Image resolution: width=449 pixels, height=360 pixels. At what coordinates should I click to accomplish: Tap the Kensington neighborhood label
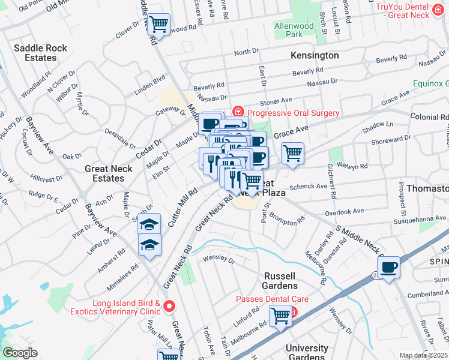coord(315,55)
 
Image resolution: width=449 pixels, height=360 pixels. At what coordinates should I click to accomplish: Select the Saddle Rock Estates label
coord(35,53)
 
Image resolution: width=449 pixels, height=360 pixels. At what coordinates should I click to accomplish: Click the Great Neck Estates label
coord(104,174)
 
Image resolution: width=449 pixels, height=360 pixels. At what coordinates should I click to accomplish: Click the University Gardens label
coord(307,353)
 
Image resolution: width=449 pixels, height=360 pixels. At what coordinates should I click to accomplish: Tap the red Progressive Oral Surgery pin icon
coord(238,112)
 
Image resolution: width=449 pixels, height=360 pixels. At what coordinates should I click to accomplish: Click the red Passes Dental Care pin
coord(294,311)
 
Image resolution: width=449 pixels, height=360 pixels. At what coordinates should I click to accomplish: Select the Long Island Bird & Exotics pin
coord(169,307)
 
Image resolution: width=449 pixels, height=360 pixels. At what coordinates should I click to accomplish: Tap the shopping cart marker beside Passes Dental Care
coord(280,315)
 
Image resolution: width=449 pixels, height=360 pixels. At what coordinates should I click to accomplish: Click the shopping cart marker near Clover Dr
coord(158,25)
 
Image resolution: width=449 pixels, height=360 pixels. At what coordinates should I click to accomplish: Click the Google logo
coord(20,353)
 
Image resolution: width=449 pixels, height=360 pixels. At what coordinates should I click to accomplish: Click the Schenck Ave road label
coord(309,187)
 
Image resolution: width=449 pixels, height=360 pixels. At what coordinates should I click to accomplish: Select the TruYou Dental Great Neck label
coord(412,10)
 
